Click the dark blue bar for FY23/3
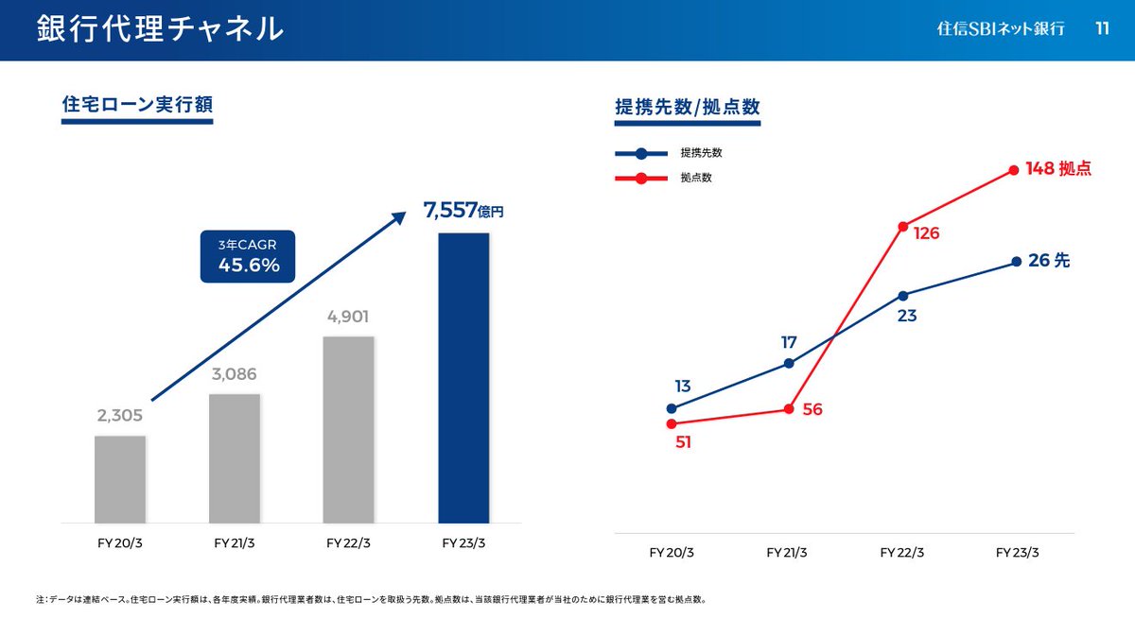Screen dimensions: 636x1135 463,378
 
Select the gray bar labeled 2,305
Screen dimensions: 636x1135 120,479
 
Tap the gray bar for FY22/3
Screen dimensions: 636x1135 348,429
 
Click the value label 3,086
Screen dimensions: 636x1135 234,374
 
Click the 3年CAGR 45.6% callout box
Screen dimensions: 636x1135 248,256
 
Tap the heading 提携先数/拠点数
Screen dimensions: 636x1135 688,107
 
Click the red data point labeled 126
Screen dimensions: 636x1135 903,226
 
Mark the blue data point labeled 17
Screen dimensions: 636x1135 789,363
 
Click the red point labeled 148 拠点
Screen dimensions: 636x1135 1014,170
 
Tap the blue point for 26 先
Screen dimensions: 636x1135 1016,261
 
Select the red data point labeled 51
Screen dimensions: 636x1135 672,423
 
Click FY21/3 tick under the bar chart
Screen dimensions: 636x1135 235,543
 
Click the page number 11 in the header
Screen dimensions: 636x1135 1102,28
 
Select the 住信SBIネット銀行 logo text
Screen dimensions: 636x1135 1001,29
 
